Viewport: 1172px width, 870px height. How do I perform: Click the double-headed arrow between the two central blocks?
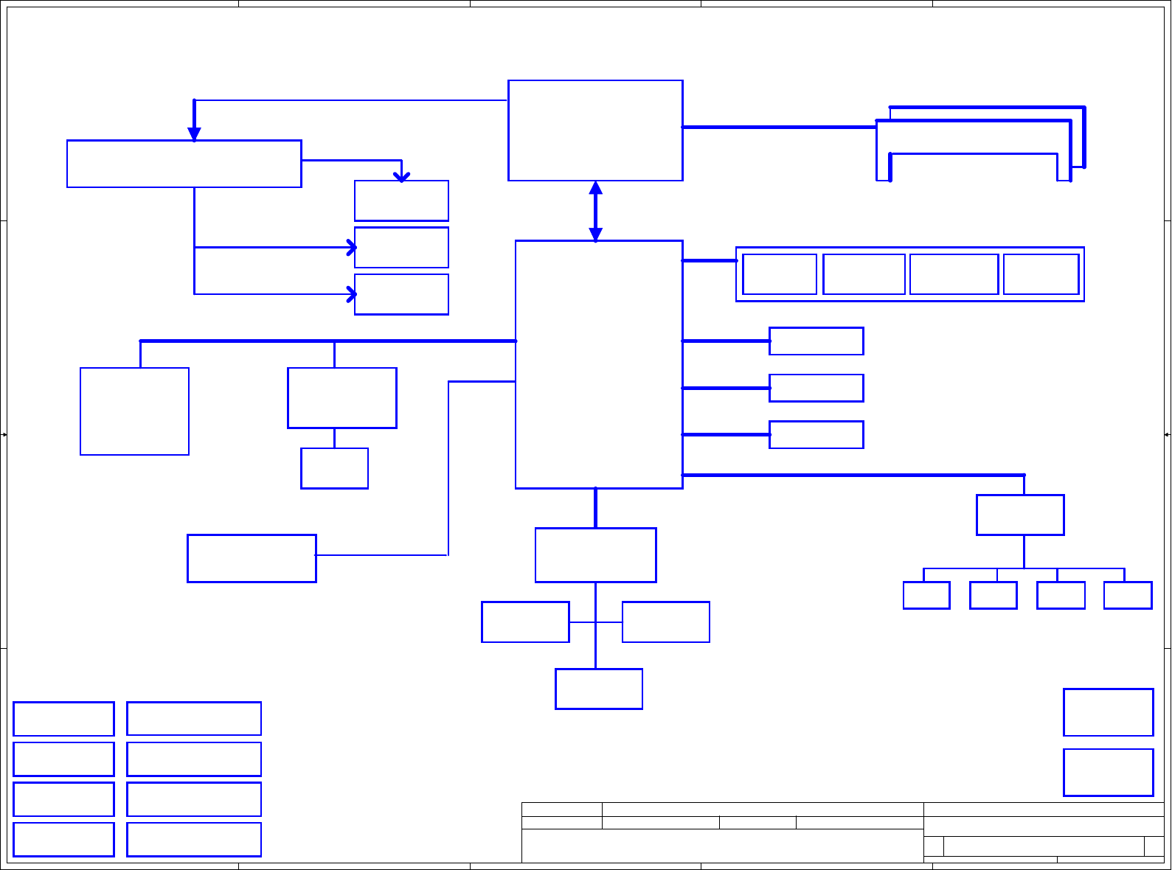595,211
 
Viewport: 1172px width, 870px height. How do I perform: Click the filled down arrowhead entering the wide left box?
194,133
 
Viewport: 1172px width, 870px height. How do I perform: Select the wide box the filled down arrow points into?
184,164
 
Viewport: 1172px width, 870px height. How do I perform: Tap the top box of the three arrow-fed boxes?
401,201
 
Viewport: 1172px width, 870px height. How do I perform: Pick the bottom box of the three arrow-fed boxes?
401,294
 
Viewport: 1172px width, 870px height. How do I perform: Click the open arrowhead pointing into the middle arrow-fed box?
352,248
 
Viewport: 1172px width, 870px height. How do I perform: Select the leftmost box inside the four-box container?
779,274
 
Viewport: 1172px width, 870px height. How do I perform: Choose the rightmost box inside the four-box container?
1041,274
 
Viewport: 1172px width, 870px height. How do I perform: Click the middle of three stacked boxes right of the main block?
816,388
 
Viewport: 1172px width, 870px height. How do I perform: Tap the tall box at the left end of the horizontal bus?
134,411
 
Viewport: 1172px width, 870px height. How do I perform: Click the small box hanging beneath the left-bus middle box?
334,468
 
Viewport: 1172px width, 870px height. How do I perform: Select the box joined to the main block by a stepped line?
252,558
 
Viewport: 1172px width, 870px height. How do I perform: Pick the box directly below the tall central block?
595,555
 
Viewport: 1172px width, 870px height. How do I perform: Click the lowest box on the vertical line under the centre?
598,689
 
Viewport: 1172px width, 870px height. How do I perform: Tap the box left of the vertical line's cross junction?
525,622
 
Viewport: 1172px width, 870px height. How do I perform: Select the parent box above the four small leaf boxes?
1019,515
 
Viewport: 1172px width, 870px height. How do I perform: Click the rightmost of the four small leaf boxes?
1127,595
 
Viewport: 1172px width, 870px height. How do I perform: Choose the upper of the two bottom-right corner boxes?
1108,712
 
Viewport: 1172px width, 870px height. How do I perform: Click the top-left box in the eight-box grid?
63,719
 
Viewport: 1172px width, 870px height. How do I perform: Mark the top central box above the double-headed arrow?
595,130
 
